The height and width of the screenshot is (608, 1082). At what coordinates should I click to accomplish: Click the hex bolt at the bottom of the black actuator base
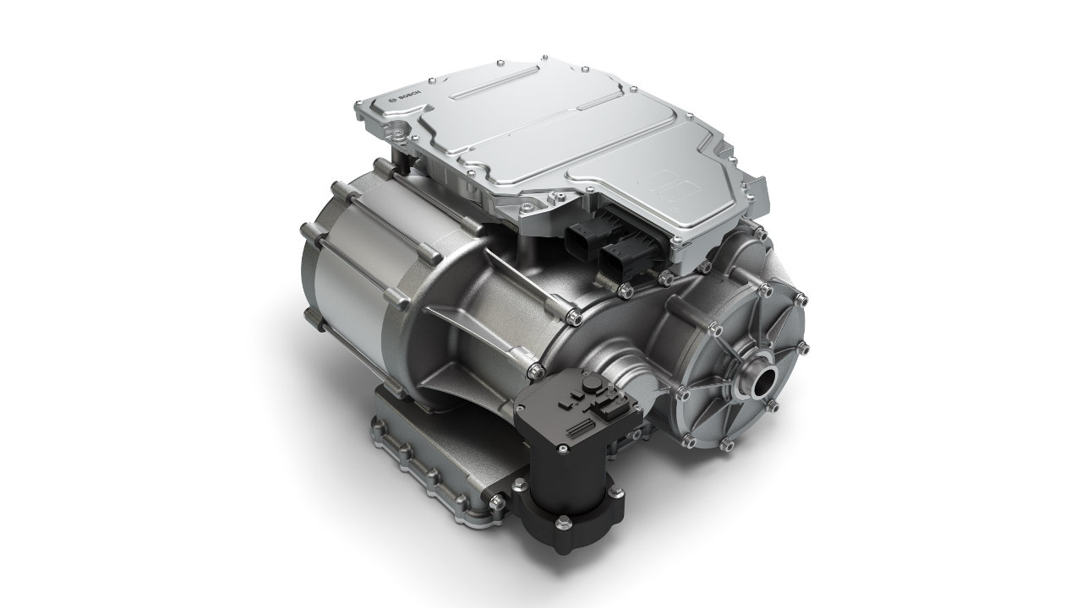pos(562,522)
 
